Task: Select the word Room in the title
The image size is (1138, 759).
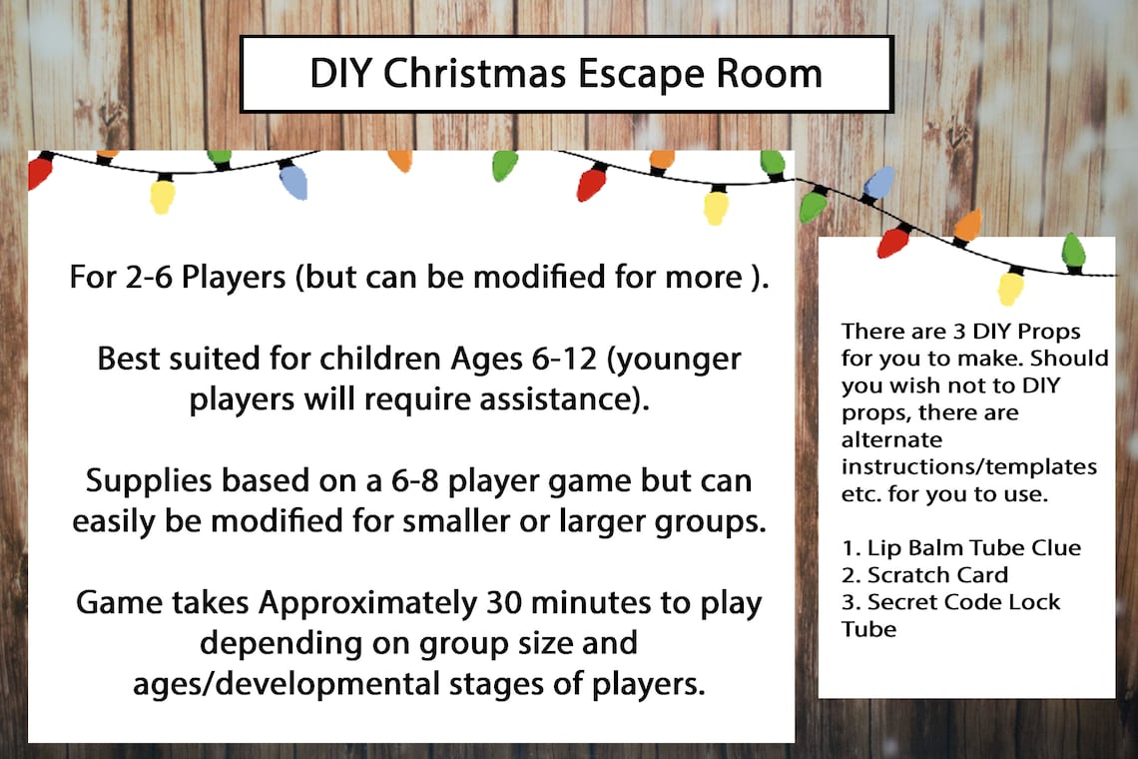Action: [774, 74]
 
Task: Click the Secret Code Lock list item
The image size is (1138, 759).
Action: [949, 602]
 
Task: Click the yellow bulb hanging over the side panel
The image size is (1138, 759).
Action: [1010, 288]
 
